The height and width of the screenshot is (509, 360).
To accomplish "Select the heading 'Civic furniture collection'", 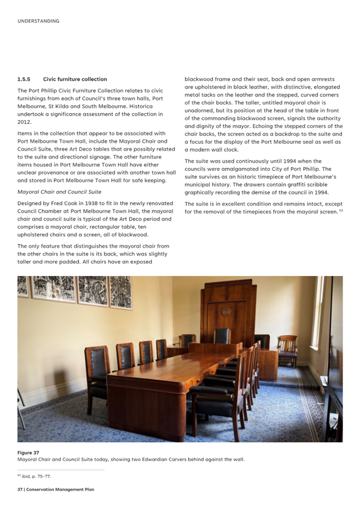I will (x=74, y=79).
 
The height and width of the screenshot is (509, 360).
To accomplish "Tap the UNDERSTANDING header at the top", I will (x=38, y=21).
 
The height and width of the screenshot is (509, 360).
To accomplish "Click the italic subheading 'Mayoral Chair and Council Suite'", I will (x=59, y=192).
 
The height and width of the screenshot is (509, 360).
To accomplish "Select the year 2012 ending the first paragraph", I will (x=24, y=122).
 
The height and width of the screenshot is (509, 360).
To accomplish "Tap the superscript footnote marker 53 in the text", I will (x=341, y=210).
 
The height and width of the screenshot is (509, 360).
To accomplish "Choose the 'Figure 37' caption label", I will (x=28, y=453).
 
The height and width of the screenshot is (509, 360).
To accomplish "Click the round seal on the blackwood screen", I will (x=226, y=311).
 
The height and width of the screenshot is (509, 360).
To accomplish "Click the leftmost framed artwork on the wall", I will (x=23, y=287).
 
